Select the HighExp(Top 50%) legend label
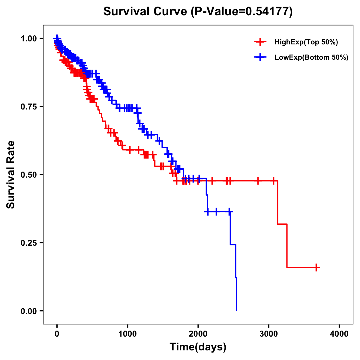point(306,42)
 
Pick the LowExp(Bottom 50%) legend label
point(311,58)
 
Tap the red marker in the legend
point(260,42)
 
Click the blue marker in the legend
point(260,57)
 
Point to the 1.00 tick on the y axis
point(28,38)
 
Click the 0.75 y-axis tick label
point(28,106)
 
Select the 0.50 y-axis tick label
point(28,175)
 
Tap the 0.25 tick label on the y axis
point(28,243)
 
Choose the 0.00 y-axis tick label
point(28,311)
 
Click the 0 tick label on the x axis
point(57,334)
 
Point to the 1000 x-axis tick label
point(127,334)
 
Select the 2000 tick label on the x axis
point(198,334)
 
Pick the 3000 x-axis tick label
point(269,334)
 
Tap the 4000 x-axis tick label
point(339,334)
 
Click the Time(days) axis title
point(198,347)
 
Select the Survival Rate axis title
point(11,175)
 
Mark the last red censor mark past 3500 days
point(316,267)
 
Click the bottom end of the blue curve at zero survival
point(236,310)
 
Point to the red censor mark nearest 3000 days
point(273,181)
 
